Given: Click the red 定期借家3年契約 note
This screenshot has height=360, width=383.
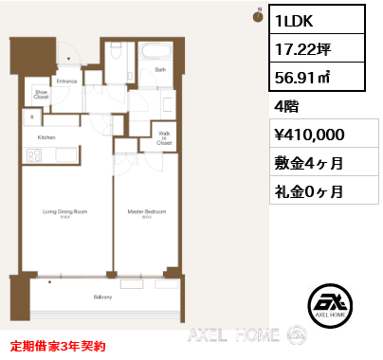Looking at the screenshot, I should [59, 347].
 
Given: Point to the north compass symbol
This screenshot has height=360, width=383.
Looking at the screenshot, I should [257, 15].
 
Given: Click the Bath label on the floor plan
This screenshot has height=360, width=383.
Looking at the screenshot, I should [160, 69].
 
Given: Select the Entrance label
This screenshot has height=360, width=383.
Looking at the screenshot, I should [66, 81].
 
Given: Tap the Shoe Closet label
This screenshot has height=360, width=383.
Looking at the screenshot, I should [41, 94].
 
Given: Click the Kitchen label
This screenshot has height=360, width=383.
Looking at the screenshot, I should [46, 137].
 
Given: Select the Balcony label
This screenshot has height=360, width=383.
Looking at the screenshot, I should [103, 297].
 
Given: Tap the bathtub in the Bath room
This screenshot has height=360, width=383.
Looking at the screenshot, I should [156, 53].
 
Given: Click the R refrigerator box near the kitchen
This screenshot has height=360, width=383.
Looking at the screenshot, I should [33, 117].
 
